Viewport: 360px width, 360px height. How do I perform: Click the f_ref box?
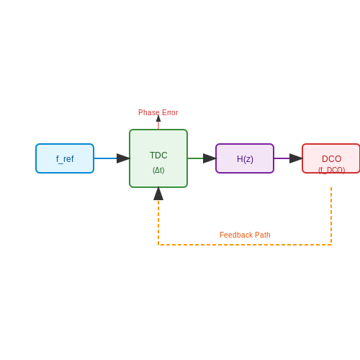[65, 158]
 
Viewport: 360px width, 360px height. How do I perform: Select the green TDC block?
[158, 158]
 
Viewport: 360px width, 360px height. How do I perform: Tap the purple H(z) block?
[245, 158]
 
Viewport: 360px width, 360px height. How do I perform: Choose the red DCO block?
[331, 158]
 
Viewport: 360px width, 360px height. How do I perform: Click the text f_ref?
[65, 159]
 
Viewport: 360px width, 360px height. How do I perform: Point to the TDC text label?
[158, 156]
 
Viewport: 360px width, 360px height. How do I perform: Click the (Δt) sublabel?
[158, 170]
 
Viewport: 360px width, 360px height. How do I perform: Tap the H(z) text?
[245, 159]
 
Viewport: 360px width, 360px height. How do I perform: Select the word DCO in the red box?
[331, 159]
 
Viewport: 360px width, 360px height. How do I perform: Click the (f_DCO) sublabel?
[332, 170]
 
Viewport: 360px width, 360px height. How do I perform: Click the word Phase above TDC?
[149, 112]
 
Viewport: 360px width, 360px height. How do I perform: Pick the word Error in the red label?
[170, 112]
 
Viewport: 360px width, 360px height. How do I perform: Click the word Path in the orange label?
[263, 235]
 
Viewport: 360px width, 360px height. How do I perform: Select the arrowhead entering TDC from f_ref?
[123, 158]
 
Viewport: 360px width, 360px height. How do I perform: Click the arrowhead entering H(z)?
[210, 158]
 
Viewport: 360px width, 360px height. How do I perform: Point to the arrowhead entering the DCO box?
[296, 158]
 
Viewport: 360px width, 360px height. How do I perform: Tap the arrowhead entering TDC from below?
[158, 194]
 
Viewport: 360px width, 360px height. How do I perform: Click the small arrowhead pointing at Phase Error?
[158, 118]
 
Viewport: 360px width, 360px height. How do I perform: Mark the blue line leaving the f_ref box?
[106, 158]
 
